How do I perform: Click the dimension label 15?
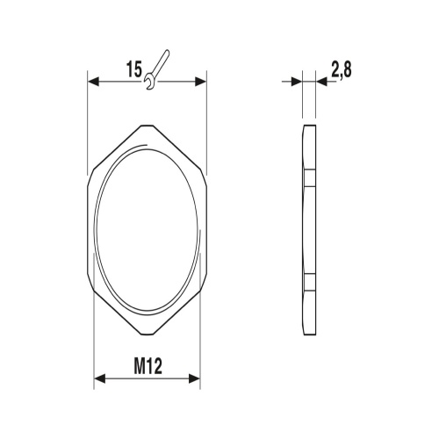point(134,69)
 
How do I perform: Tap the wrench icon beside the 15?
point(157,69)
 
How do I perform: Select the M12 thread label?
point(148,366)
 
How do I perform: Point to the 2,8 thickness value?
point(342,69)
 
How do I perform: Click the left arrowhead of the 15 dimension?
point(94,82)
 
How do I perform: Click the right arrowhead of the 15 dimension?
point(201,82)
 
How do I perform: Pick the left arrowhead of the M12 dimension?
point(99,378)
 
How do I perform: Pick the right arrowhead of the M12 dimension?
point(195,378)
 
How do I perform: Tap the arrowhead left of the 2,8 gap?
point(297,82)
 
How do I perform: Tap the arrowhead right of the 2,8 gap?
point(321,82)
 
